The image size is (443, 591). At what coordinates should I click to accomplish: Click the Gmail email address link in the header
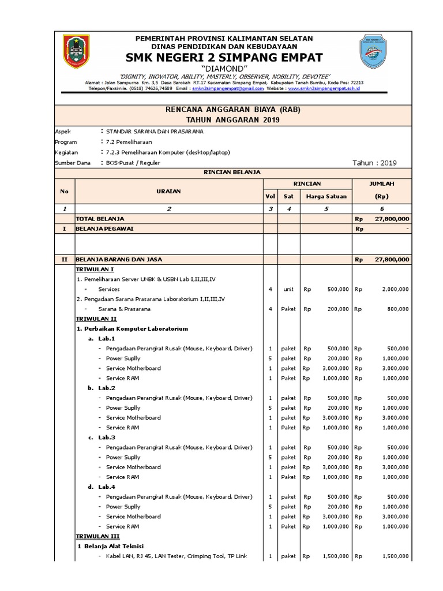[223, 89]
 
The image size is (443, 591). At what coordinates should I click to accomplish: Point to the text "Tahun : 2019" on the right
[374, 163]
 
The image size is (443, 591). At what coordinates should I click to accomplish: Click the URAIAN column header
[168, 191]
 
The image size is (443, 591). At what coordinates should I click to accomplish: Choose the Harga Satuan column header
[326, 196]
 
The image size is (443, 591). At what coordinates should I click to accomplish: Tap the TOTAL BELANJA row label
[100, 219]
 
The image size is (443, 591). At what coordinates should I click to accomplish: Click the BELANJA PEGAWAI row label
[104, 229]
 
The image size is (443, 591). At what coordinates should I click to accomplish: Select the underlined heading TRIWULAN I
[95, 269]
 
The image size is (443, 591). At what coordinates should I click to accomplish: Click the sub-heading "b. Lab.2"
[102, 388]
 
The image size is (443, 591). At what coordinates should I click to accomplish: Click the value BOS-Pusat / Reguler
[132, 163]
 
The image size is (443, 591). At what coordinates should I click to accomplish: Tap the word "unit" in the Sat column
[288, 289]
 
